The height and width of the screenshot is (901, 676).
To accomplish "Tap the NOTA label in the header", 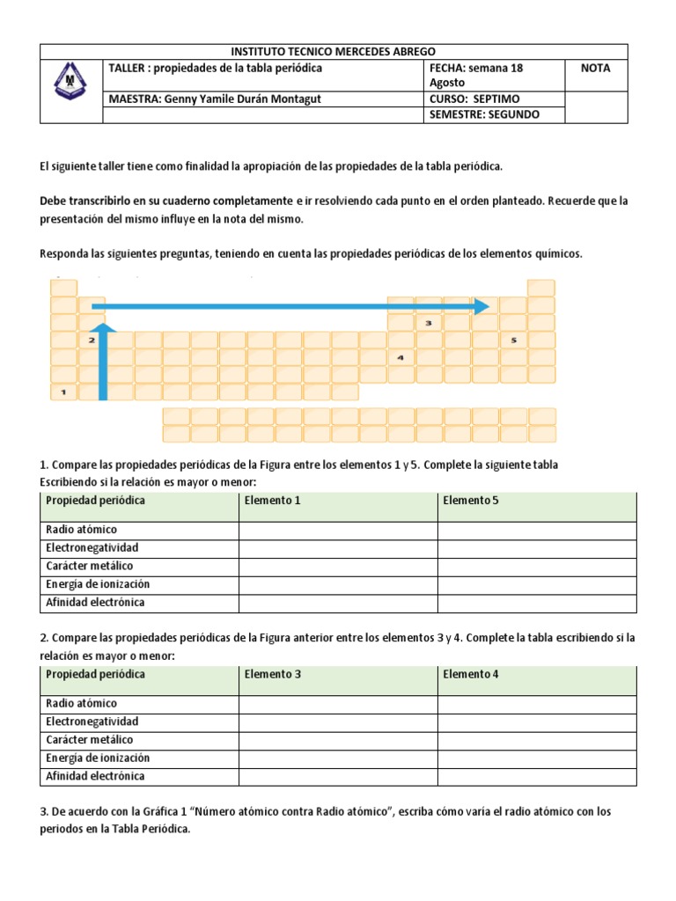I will tap(595, 69).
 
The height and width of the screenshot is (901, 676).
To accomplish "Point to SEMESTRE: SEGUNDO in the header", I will tap(484, 114).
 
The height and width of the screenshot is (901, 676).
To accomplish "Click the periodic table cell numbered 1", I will tap(63, 392).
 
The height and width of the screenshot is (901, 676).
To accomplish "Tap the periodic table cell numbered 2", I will tap(92, 340).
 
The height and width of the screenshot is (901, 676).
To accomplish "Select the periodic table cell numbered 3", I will tap(429, 323).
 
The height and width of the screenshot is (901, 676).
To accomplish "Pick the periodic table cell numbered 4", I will tap(400, 357).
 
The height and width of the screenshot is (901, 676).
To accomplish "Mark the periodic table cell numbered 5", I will tap(513, 340).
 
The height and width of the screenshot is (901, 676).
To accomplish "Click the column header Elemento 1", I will tap(273, 501).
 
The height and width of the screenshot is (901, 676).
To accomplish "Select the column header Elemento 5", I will tap(470, 501).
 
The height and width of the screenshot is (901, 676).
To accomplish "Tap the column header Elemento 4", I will tap(470, 674).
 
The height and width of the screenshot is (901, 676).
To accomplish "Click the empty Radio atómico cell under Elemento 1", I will tap(338, 530).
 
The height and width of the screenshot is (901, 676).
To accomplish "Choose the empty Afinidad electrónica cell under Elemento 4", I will tap(537, 776).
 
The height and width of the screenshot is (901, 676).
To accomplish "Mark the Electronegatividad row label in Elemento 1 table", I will tap(92, 548).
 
